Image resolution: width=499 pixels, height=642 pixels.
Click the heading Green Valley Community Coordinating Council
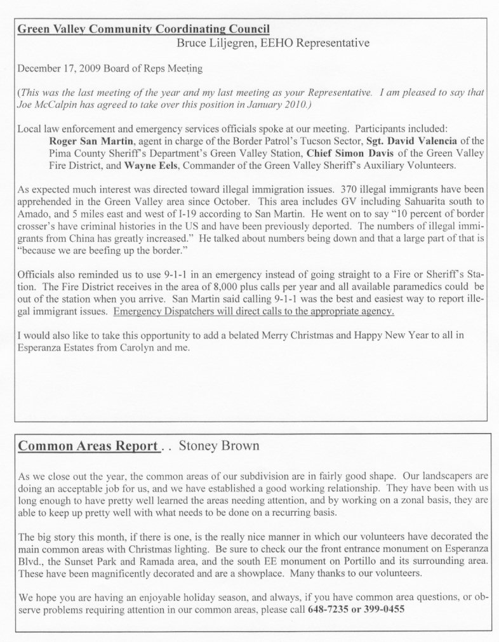click(144, 29)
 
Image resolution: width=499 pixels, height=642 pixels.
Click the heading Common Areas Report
click(88, 446)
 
